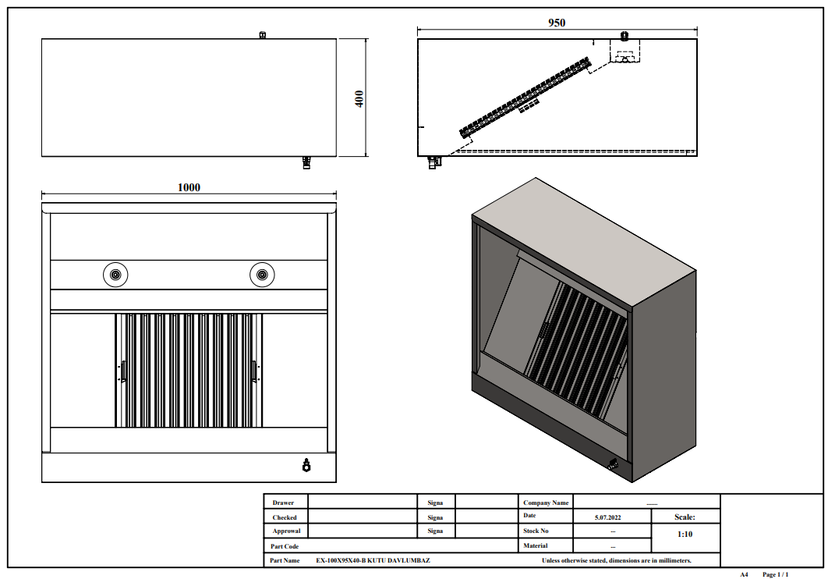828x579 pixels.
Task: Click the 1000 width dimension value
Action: pyautogui.click(x=189, y=187)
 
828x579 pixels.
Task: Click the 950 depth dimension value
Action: pyautogui.click(x=557, y=23)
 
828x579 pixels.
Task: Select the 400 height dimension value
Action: pyautogui.click(x=359, y=98)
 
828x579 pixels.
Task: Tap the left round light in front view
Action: pyautogui.click(x=115, y=275)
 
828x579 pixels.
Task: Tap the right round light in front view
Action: pyautogui.click(x=262, y=275)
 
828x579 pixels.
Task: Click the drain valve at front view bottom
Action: pyautogui.click(x=306, y=466)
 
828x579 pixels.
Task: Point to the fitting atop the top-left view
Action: pyautogui.click(x=263, y=35)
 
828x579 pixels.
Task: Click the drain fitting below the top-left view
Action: pyautogui.click(x=306, y=163)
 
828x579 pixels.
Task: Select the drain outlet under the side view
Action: pyautogui.click(x=434, y=162)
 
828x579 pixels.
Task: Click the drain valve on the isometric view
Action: pyautogui.click(x=613, y=465)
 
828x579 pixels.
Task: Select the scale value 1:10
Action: pyautogui.click(x=685, y=535)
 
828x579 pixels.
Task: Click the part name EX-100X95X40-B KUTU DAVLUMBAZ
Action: pyautogui.click(x=373, y=560)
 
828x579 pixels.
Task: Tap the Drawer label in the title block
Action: pyautogui.click(x=283, y=503)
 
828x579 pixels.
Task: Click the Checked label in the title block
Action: pyautogui.click(x=285, y=517)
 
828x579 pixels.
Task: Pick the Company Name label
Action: pyautogui.click(x=546, y=503)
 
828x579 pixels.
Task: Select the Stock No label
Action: pyautogui.click(x=536, y=531)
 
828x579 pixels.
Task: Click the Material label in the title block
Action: pyautogui.click(x=536, y=545)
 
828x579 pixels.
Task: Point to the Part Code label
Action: pyautogui.click(x=285, y=546)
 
